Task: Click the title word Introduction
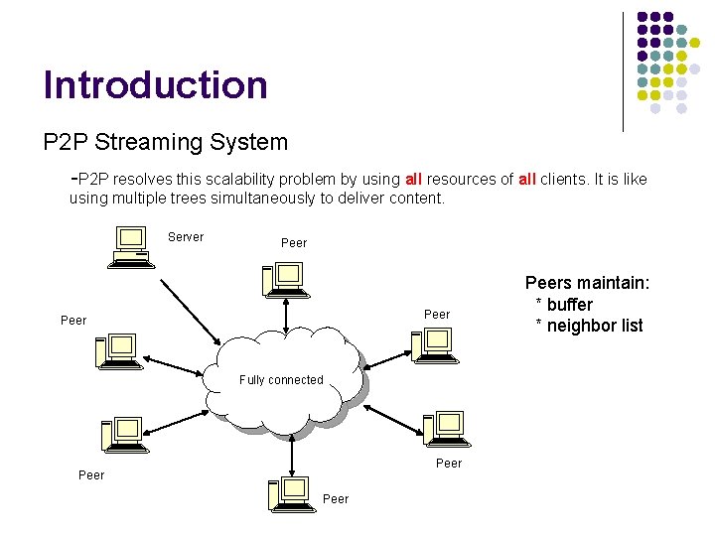click(x=155, y=85)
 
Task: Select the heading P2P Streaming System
click(x=165, y=142)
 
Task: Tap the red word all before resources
click(x=413, y=180)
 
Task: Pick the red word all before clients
click(x=527, y=180)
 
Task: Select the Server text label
click(x=185, y=237)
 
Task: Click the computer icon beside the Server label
click(x=132, y=247)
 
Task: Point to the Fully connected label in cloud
click(x=281, y=380)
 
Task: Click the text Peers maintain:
click(x=587, y=284)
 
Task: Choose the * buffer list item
click(x=564, y=305)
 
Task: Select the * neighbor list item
click(x=589, y=326)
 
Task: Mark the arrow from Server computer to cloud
click(x=191, y=310)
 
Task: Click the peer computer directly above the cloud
click(x=283, y=280)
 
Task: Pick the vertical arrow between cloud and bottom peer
click(x=291, y=455)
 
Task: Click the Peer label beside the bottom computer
click(x=336, y=498)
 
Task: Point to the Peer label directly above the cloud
click(x=294, y=243)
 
